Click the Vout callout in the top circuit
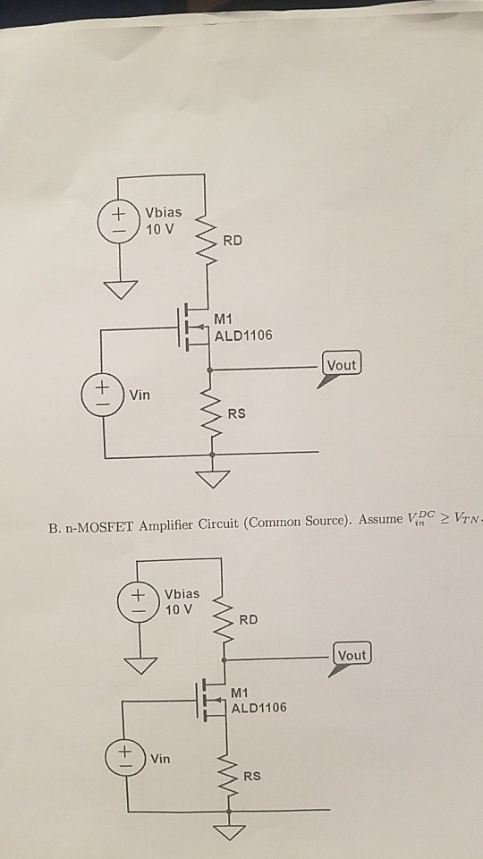point(342,365)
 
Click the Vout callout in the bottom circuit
point(352,655)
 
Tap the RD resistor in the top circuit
point(207,242)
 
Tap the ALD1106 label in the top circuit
point(243,336)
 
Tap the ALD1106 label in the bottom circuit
point(259,708)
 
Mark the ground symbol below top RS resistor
point(212,479)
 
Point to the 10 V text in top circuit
point(161,228)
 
